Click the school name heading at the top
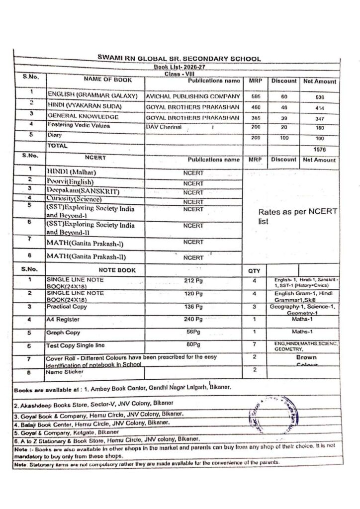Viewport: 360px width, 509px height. (179, 59)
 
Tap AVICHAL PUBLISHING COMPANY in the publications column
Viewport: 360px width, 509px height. (192, 96)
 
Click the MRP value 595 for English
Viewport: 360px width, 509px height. (255, 96)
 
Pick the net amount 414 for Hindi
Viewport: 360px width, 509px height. (320, 107)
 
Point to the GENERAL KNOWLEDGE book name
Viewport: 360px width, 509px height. (83, 117)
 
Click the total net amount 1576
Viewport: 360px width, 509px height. (320, 148)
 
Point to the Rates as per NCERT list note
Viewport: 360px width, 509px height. (298, 216)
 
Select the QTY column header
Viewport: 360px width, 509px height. (254, 271)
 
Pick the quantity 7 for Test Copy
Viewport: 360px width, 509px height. (254, 344)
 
